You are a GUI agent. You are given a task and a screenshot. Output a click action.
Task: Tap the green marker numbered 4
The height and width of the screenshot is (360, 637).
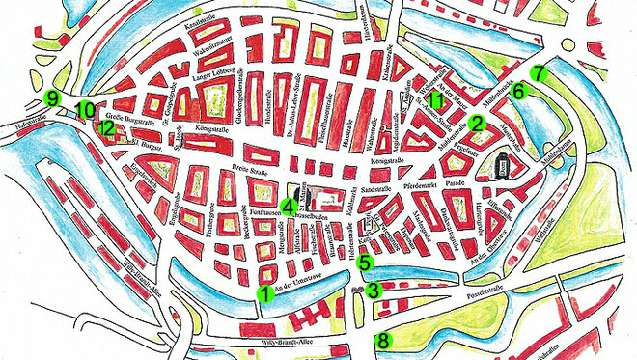point(289,206)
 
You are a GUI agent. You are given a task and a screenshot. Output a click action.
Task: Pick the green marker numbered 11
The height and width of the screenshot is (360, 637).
point(436,101)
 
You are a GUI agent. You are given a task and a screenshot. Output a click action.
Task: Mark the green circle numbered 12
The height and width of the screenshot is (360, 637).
point(106,127)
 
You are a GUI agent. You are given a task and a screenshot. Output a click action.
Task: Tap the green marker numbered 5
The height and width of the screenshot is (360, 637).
point(364,262)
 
